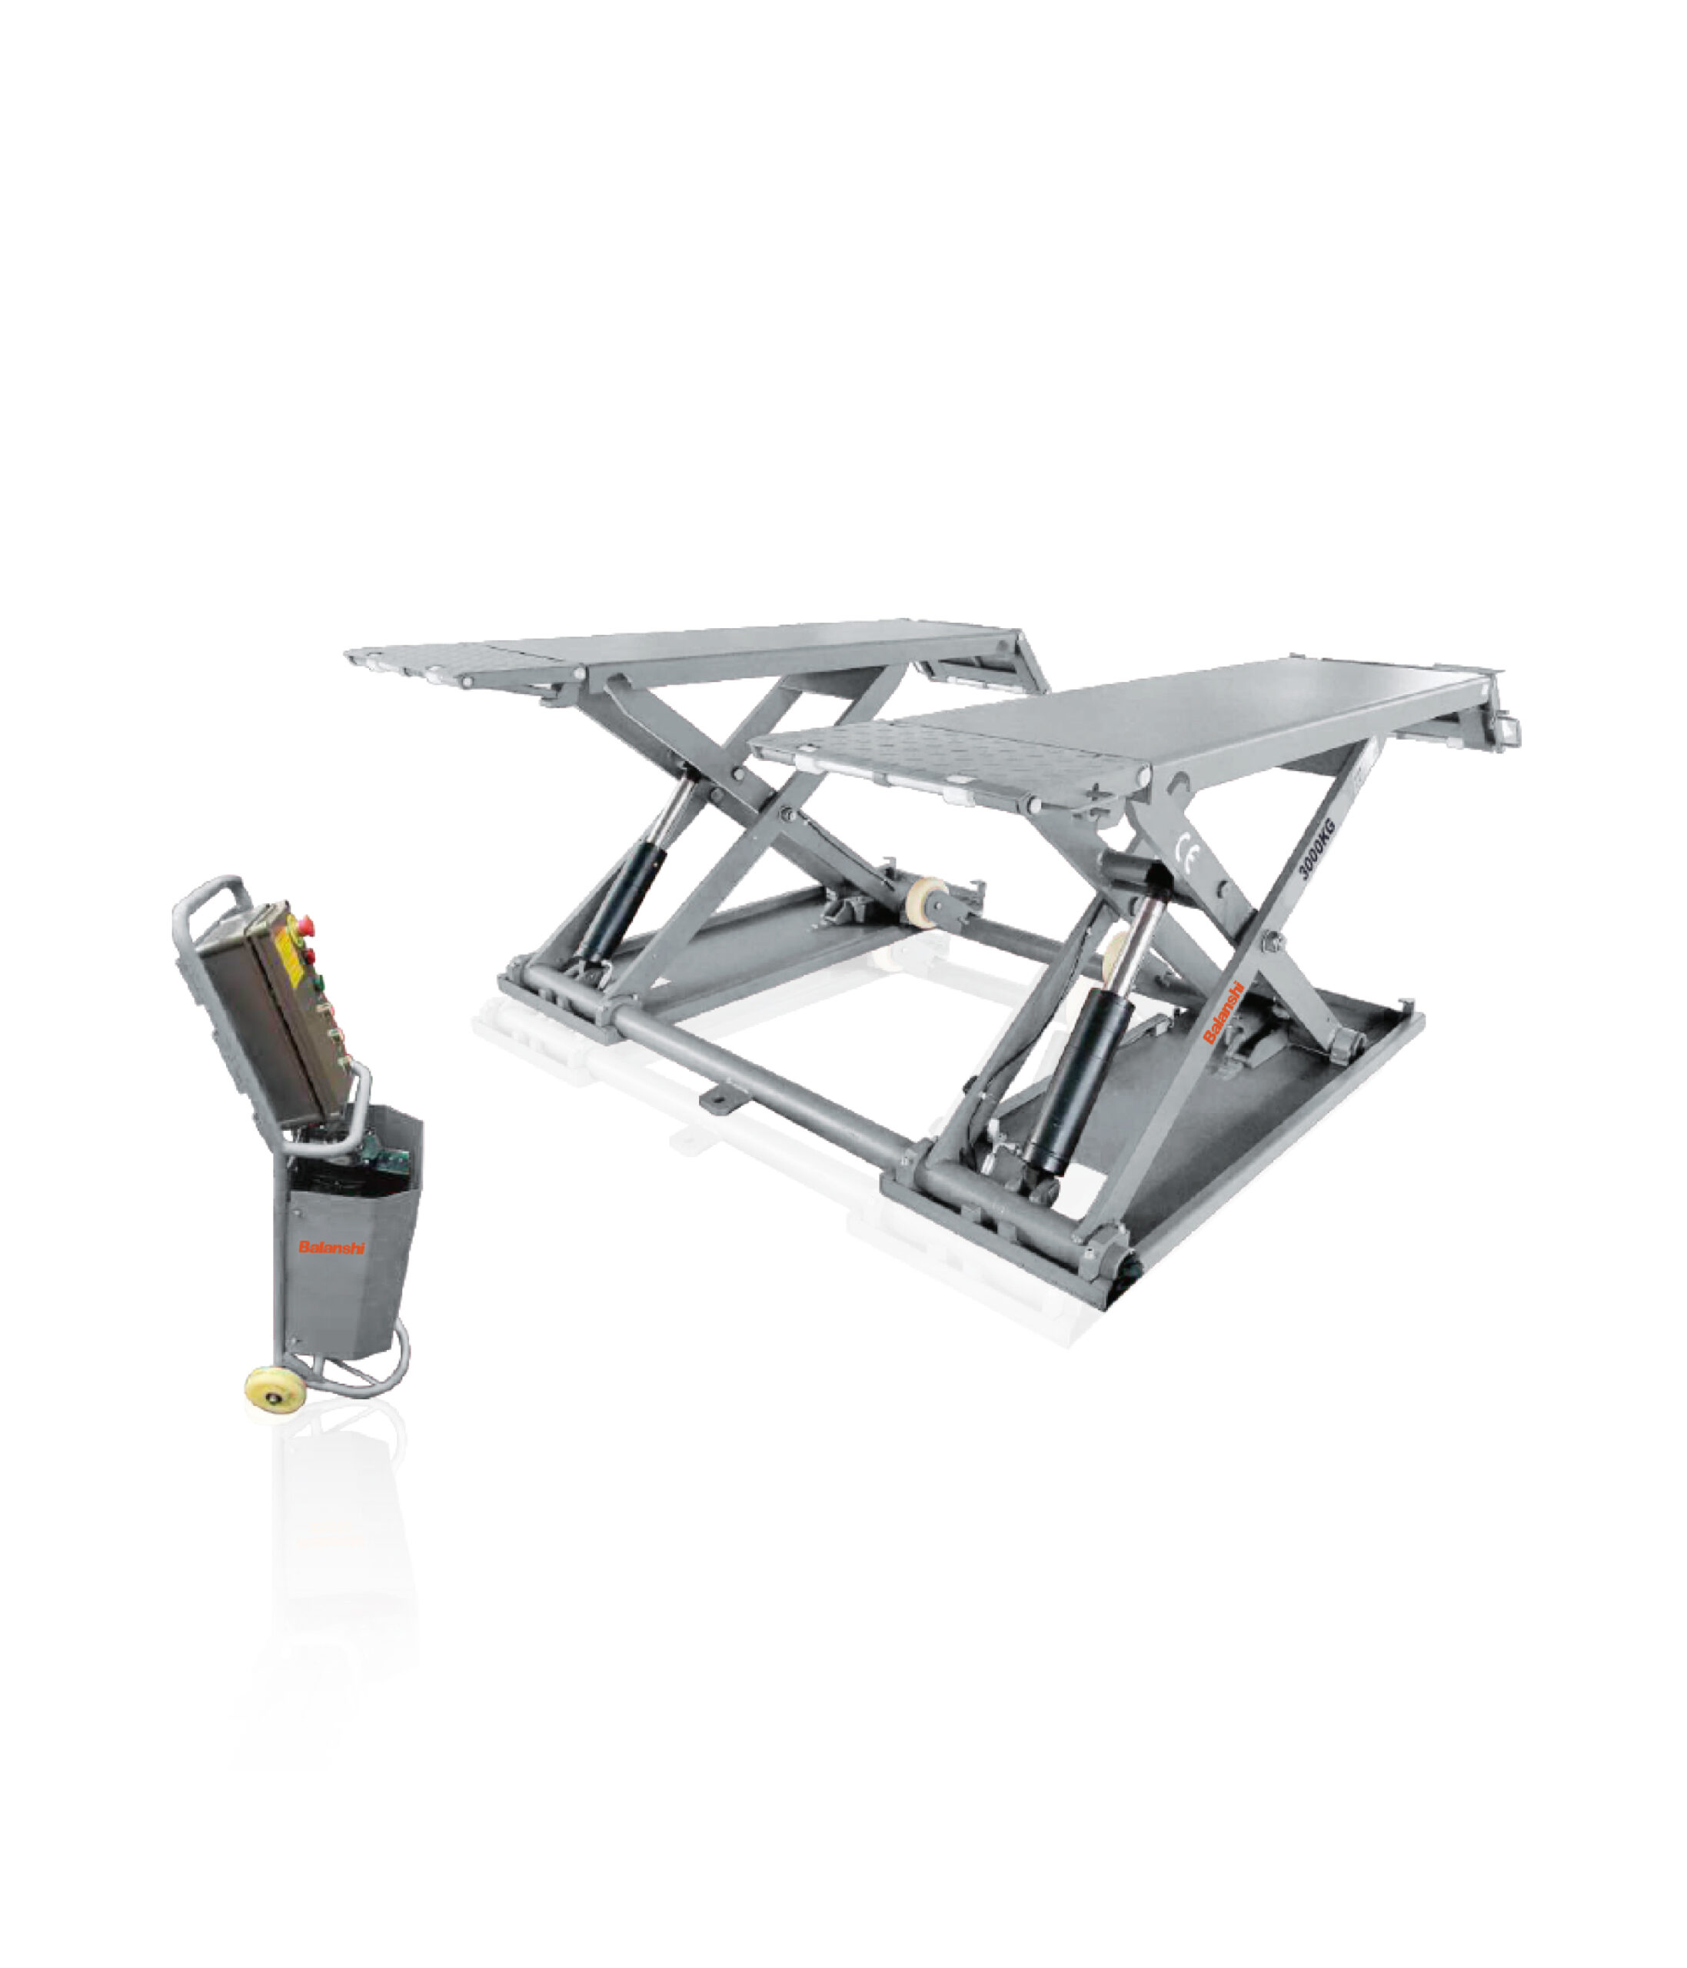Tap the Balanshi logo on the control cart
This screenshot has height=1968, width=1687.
point(331,1247)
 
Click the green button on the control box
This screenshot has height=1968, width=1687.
point(318,982)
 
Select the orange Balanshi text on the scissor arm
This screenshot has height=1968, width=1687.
point(1223,1012)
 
